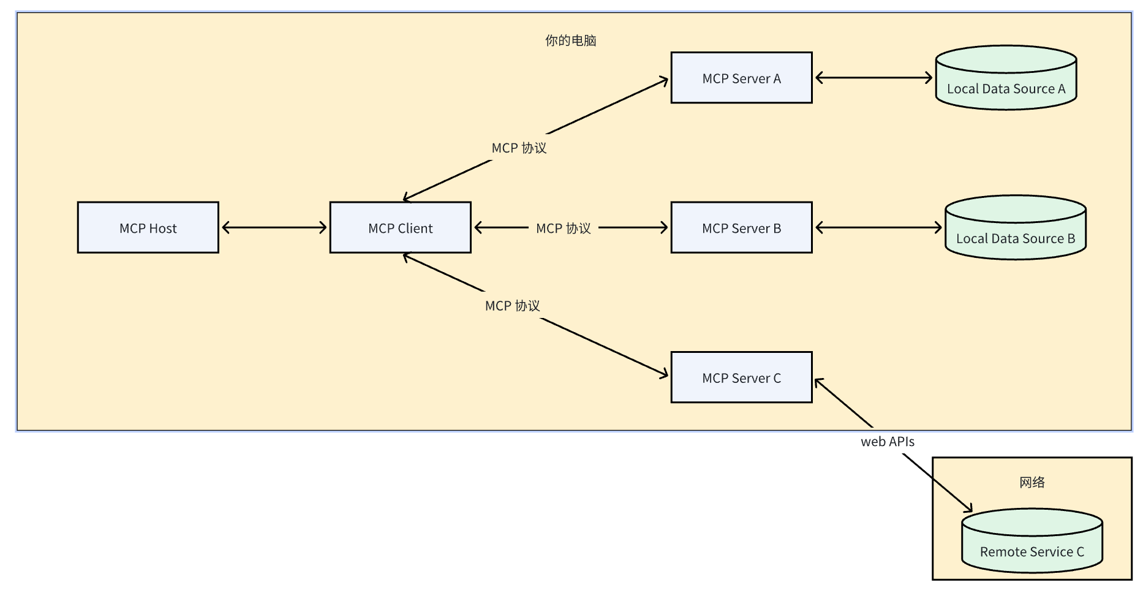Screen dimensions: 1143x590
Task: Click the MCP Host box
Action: (x=148, y=227)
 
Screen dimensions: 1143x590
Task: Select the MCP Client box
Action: (x=401, y=227)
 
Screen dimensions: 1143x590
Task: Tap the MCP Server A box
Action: (x=742, y=78)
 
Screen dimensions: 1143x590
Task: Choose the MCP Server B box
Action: (x=742, y=227)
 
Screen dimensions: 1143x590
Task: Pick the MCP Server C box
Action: (x=742, y=377)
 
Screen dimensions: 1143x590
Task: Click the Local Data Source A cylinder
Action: (x=1006, y=78)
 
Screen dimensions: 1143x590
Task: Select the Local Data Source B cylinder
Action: (x=1016, y=227)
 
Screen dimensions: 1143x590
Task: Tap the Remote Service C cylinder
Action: (x=1032, y=540)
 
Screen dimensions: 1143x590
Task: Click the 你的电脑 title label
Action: (x=571, y=40)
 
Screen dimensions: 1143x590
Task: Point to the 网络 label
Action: (x=1032, y=482)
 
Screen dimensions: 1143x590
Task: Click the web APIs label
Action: (x=888, y=441)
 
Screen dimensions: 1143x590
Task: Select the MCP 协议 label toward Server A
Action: (x=519, y=148)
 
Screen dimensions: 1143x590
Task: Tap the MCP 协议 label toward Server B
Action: (x=564, y=228)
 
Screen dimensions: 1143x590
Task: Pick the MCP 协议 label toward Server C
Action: (x=513, y=306)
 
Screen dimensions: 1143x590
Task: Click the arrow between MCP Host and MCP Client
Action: (x=274, y=228)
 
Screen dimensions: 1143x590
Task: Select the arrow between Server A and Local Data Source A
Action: (x=874, y=78)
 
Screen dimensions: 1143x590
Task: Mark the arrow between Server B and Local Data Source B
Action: (x=878, y=228)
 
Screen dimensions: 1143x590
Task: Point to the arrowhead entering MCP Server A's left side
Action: (x=663, y=81)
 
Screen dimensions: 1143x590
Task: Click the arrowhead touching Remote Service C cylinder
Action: (x=967, y=507)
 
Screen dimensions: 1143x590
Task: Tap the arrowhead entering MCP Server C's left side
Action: (x=663, y=373)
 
